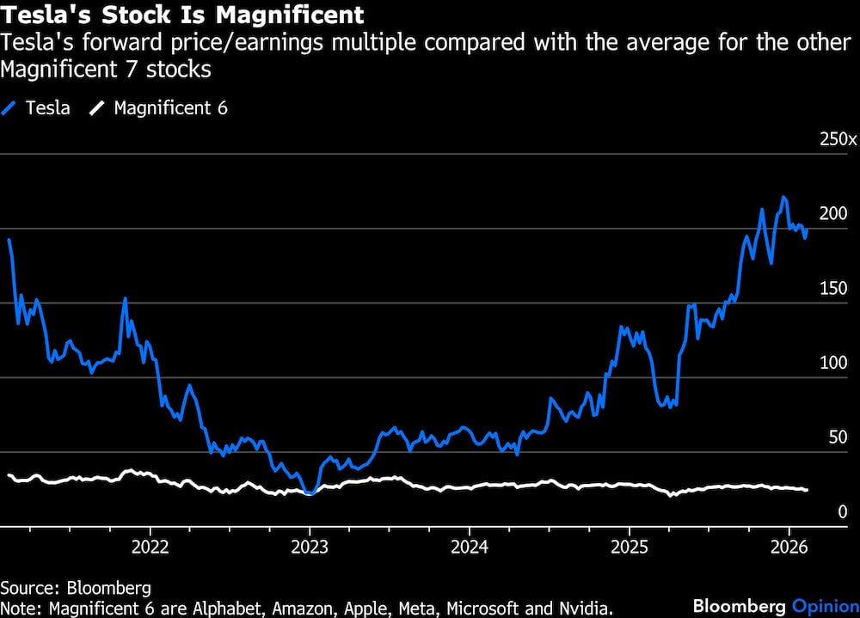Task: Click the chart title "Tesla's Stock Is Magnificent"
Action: (182, 15)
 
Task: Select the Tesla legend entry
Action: (36, 108)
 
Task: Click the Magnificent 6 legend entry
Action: (160, 108)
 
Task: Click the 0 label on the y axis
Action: (843, 512)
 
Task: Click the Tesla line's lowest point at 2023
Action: (310, 493)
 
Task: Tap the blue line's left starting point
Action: (9, 240)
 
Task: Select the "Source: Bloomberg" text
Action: (76, 588)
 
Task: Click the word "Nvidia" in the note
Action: (587, 609)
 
